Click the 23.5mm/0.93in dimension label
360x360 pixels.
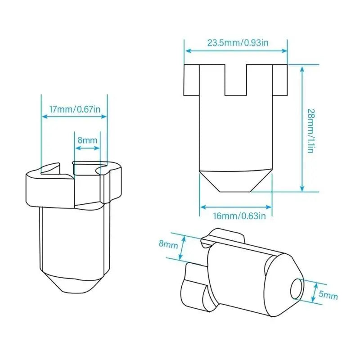click(238, 43)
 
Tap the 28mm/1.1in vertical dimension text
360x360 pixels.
click(310, 131)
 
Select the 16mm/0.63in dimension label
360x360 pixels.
click(239, 216)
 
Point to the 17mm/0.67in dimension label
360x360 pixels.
click(75, 109)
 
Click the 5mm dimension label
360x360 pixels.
click(328, 295)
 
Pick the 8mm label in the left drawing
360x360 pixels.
click(87, 140)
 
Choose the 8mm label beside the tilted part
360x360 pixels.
click(168, 244)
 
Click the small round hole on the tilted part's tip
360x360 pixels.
click(297, 289)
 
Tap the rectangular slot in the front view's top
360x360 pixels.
click(235, 80)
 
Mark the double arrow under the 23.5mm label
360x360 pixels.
click(236, 51)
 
